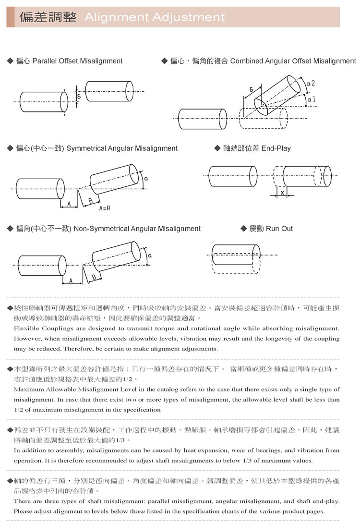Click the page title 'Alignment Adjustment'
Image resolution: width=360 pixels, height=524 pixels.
154,18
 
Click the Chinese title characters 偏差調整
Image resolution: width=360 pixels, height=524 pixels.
48,18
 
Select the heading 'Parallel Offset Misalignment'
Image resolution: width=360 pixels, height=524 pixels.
77,61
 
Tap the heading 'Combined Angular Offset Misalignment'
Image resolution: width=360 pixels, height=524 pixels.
293,61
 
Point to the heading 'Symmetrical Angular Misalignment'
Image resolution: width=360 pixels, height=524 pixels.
122,148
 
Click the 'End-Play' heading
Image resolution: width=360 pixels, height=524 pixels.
276,148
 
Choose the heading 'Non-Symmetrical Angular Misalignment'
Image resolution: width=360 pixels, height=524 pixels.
137,229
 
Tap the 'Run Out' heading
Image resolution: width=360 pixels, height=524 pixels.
279,229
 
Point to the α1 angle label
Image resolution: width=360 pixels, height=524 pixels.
311,99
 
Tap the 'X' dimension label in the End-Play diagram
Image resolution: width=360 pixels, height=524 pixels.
282,193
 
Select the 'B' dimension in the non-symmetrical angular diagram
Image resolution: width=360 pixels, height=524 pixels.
94,278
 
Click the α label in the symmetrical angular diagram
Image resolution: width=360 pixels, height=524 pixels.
145,178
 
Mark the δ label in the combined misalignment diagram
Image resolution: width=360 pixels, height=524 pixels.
252,90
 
